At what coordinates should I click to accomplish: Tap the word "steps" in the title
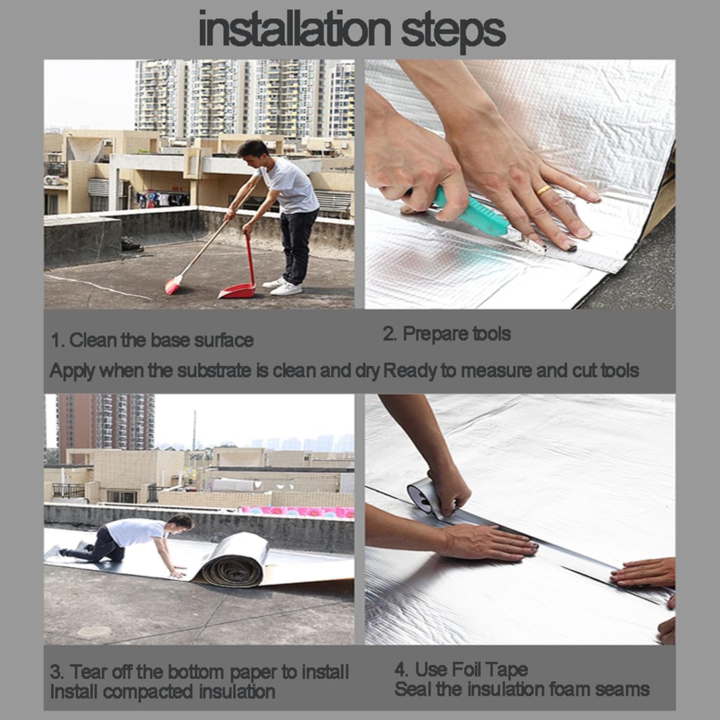pyautogui.click(x=452, y=32)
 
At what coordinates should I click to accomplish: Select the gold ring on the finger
pyautogui.click(x=543, y=190)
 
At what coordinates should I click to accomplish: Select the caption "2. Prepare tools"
pyautogui.click(x=446, y=334)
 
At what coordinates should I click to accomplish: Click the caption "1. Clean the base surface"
pyautogui.click(x=152, y=340)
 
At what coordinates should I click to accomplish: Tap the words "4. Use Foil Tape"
pyautogui.click(x=461, y=669)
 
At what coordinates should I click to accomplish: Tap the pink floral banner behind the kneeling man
pyautogui.click(x=298, y=511)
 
